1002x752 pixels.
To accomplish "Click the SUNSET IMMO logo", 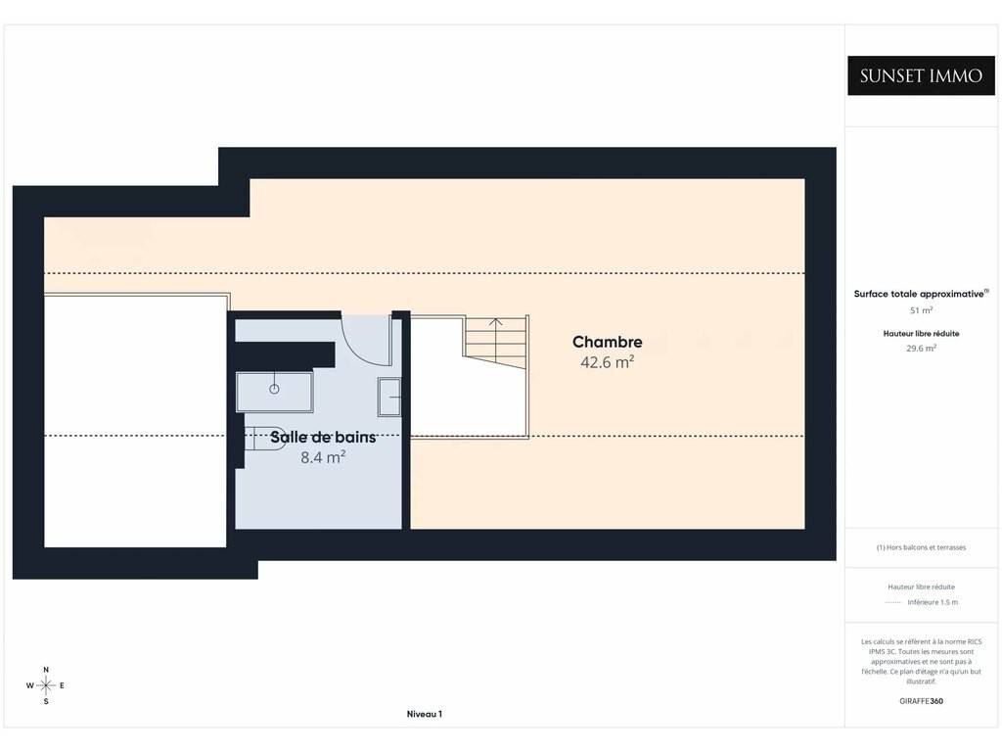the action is click(921, 75).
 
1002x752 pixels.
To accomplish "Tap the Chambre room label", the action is click(607, 342).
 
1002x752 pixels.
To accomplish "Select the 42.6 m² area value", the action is click(607, 362).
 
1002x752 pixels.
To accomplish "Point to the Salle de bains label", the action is click(323, 437).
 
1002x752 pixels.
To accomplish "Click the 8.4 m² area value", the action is click(323, 457).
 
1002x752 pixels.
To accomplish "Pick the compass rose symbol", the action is click(45, 685).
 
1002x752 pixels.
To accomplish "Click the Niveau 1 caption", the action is click(425, 714).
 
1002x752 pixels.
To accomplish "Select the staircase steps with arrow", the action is click(496, 343).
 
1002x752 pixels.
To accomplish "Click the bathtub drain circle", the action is click(274, 389).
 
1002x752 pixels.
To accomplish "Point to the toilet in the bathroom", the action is click(265, 439).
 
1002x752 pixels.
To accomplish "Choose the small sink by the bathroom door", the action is click(389, 398).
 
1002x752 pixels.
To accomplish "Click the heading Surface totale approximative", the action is click(919, 294).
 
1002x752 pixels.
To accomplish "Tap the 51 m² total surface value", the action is click(921, 310).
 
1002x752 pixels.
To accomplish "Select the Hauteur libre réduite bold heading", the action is click(921, 333).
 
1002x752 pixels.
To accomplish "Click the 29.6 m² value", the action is click(921, 349).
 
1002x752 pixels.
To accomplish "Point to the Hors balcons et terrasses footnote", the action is click(921, 547).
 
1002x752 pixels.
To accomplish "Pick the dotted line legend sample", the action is click(892, 602).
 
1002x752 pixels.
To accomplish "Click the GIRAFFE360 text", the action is click(921, 701).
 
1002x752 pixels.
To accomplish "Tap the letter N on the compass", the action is click(46, 670).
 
